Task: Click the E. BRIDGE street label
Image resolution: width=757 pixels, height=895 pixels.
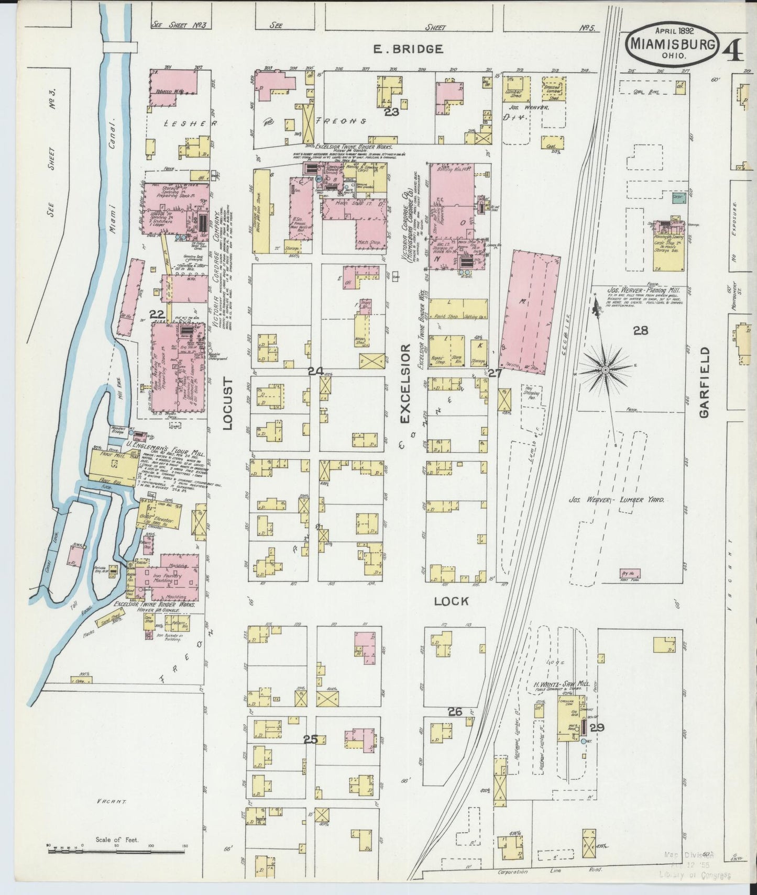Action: (x=408, y=49)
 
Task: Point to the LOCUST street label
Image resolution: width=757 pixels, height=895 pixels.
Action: (x=227, y=403)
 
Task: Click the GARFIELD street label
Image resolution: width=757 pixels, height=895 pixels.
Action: (x=703, y=382)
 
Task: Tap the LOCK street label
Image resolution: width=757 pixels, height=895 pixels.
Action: (x=451, y=601)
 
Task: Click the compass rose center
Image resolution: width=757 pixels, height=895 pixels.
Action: (x=605, y=370)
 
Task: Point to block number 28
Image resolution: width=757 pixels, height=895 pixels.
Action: (x=640, y=330)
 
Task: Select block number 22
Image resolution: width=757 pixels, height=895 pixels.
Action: (x=157, y=314)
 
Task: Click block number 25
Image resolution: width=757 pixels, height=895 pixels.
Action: (x=311, y=740)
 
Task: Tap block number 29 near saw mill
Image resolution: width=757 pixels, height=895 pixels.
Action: (x=597, y=727)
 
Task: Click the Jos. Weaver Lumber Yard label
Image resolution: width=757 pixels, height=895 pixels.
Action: (x=616, y=500)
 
